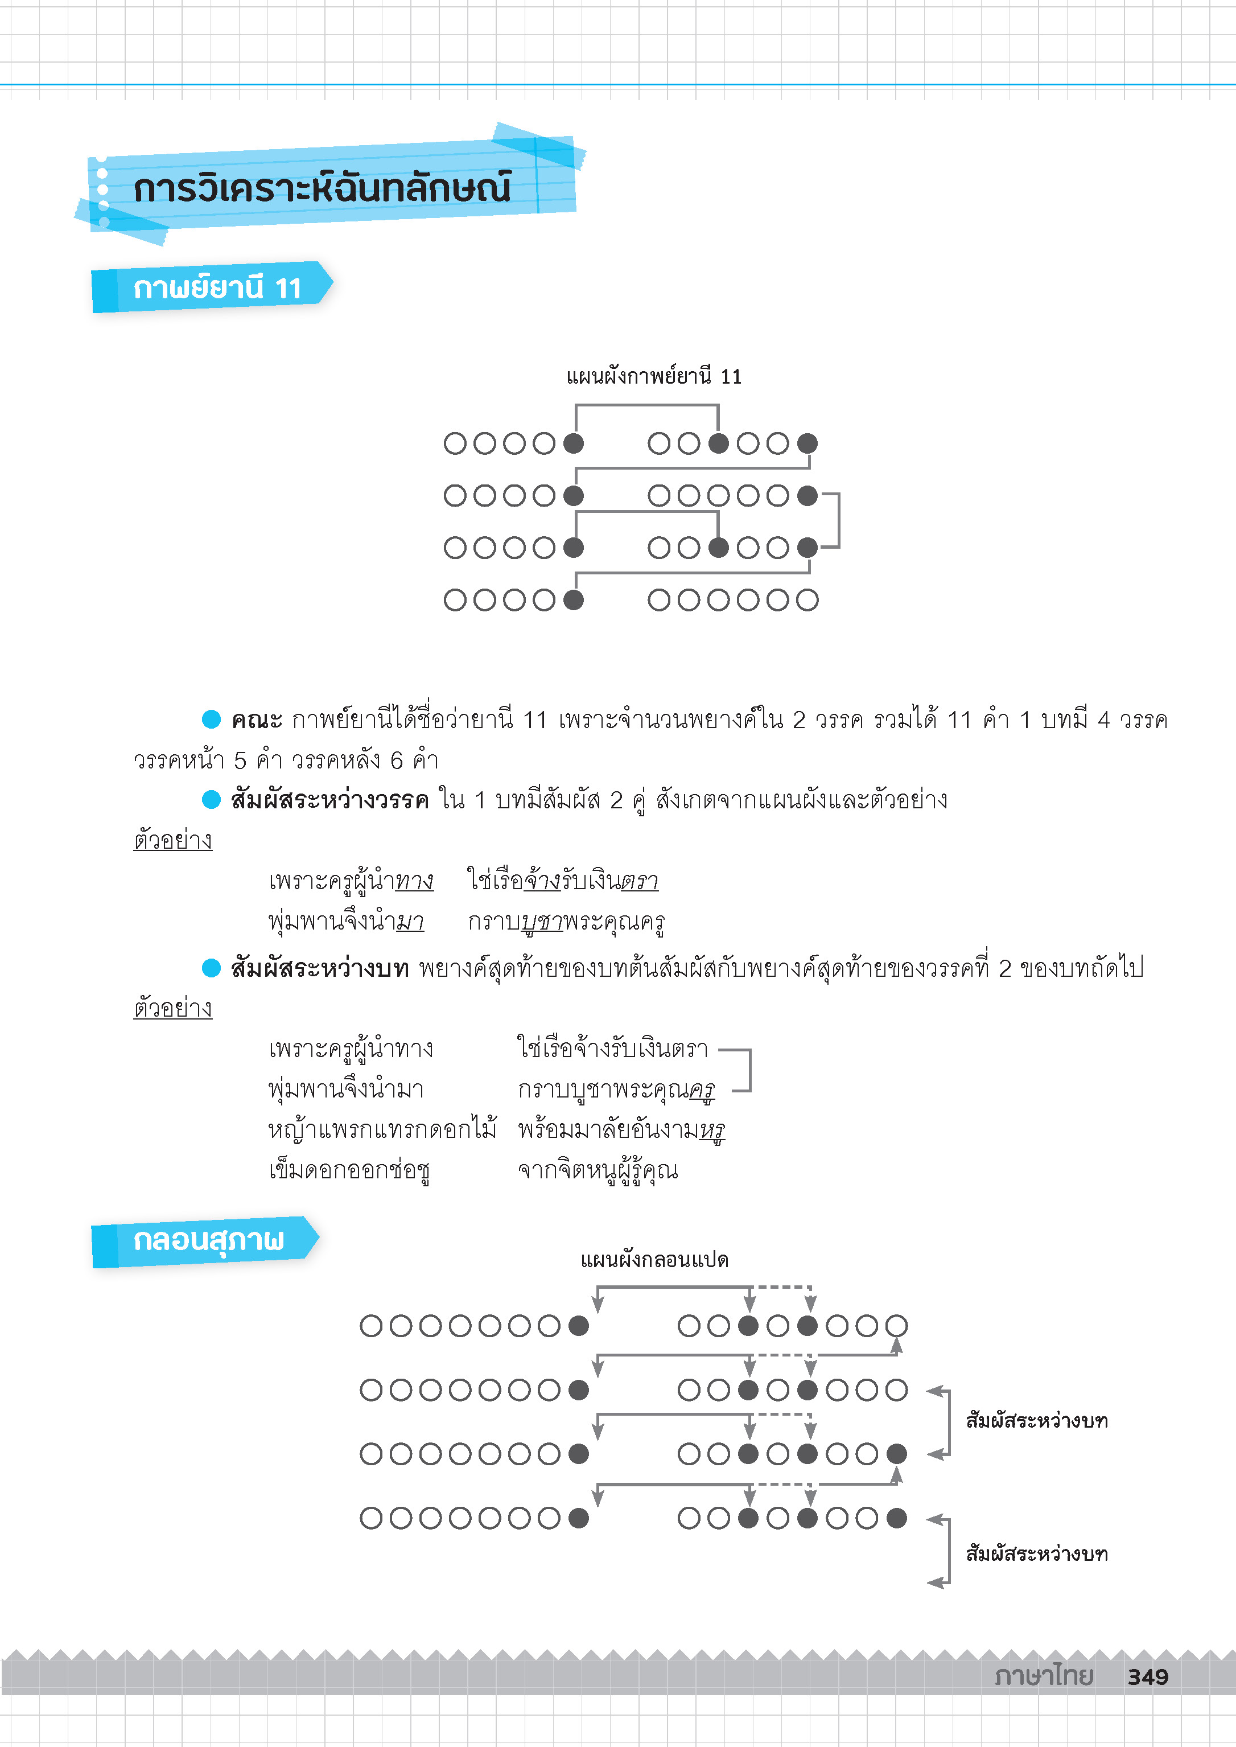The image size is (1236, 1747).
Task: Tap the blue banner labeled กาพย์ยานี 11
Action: coord(212,287)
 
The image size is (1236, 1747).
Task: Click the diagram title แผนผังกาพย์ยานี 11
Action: coord(654,377)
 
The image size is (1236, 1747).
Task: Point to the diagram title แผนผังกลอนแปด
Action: coord(654,1260)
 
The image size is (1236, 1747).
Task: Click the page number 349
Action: coord(1148,1676)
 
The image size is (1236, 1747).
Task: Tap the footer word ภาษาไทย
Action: coord(1044,1675)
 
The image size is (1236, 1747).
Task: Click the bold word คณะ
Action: coord(257,720)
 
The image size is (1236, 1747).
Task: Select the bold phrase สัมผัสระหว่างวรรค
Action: coord(329,800)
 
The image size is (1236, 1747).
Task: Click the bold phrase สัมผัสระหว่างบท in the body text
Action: coord(320,968)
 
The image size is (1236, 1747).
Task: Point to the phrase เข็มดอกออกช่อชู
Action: coord(349,1170)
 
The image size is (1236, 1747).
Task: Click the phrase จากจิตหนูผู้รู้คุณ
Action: coord(598,1170)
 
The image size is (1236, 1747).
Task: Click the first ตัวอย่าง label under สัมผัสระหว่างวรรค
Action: coord(173,840)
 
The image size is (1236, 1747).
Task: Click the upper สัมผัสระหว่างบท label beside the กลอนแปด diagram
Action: coord(1037,1420)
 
